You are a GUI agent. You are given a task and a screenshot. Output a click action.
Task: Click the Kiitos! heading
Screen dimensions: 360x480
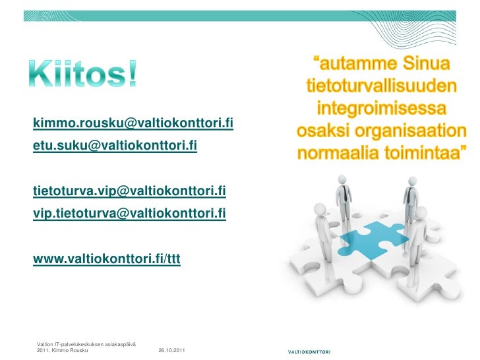(x=83, y=75)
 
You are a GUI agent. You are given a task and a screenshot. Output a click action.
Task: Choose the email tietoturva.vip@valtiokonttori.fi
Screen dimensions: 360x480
(x=130, y=191)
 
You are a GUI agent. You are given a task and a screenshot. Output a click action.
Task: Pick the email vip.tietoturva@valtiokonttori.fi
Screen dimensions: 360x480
(x=130, y=213)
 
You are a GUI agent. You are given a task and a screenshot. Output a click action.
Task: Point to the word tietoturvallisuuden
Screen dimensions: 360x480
(x=380, y=86)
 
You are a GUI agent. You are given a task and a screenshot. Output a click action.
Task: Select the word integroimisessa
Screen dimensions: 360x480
(x=382, y=107)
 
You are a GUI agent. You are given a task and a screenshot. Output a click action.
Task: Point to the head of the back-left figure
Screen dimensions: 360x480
(x=342, y=178)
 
